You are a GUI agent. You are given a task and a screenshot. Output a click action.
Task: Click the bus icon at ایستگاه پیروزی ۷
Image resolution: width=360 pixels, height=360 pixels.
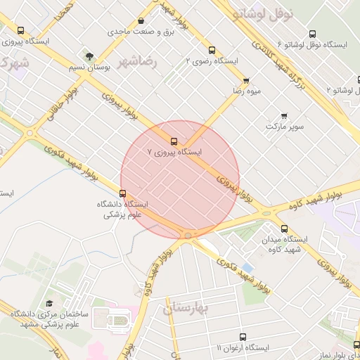click(x=174, y=141)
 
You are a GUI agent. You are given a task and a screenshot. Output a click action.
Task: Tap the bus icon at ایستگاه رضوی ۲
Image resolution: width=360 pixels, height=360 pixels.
click(x=212, y=50)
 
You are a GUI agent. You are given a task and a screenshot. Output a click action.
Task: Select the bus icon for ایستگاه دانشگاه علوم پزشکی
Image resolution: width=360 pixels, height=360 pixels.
click(x=123, y=193)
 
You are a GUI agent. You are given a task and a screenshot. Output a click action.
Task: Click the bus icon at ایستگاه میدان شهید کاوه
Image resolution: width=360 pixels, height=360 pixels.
click(x=284, y=229)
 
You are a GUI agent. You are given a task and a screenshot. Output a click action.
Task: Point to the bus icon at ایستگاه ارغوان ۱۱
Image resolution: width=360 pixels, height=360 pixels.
click(x=243, y=337)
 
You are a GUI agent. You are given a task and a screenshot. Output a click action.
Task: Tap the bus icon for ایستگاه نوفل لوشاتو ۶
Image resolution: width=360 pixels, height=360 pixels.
click(x=312, y=34)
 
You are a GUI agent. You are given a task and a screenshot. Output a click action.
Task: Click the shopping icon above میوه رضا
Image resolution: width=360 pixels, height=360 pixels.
click(x=245, y=81)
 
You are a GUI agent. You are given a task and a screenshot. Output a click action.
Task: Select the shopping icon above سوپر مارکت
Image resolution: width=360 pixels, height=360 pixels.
click(x=284, y=115)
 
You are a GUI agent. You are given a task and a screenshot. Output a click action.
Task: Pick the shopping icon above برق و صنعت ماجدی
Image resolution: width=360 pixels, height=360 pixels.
click(x=142, y=21)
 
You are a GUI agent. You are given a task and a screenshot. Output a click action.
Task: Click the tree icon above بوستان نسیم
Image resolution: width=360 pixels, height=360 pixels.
click(x=89, y=56)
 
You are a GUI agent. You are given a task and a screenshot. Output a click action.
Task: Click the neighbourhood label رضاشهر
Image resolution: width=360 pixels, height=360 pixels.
click(x=141, y=62)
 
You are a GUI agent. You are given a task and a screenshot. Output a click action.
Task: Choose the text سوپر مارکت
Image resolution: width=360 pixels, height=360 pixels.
click(x=284, y=127)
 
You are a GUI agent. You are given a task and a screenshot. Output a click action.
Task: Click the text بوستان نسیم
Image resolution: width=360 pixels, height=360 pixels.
click(x=87, y=67)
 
